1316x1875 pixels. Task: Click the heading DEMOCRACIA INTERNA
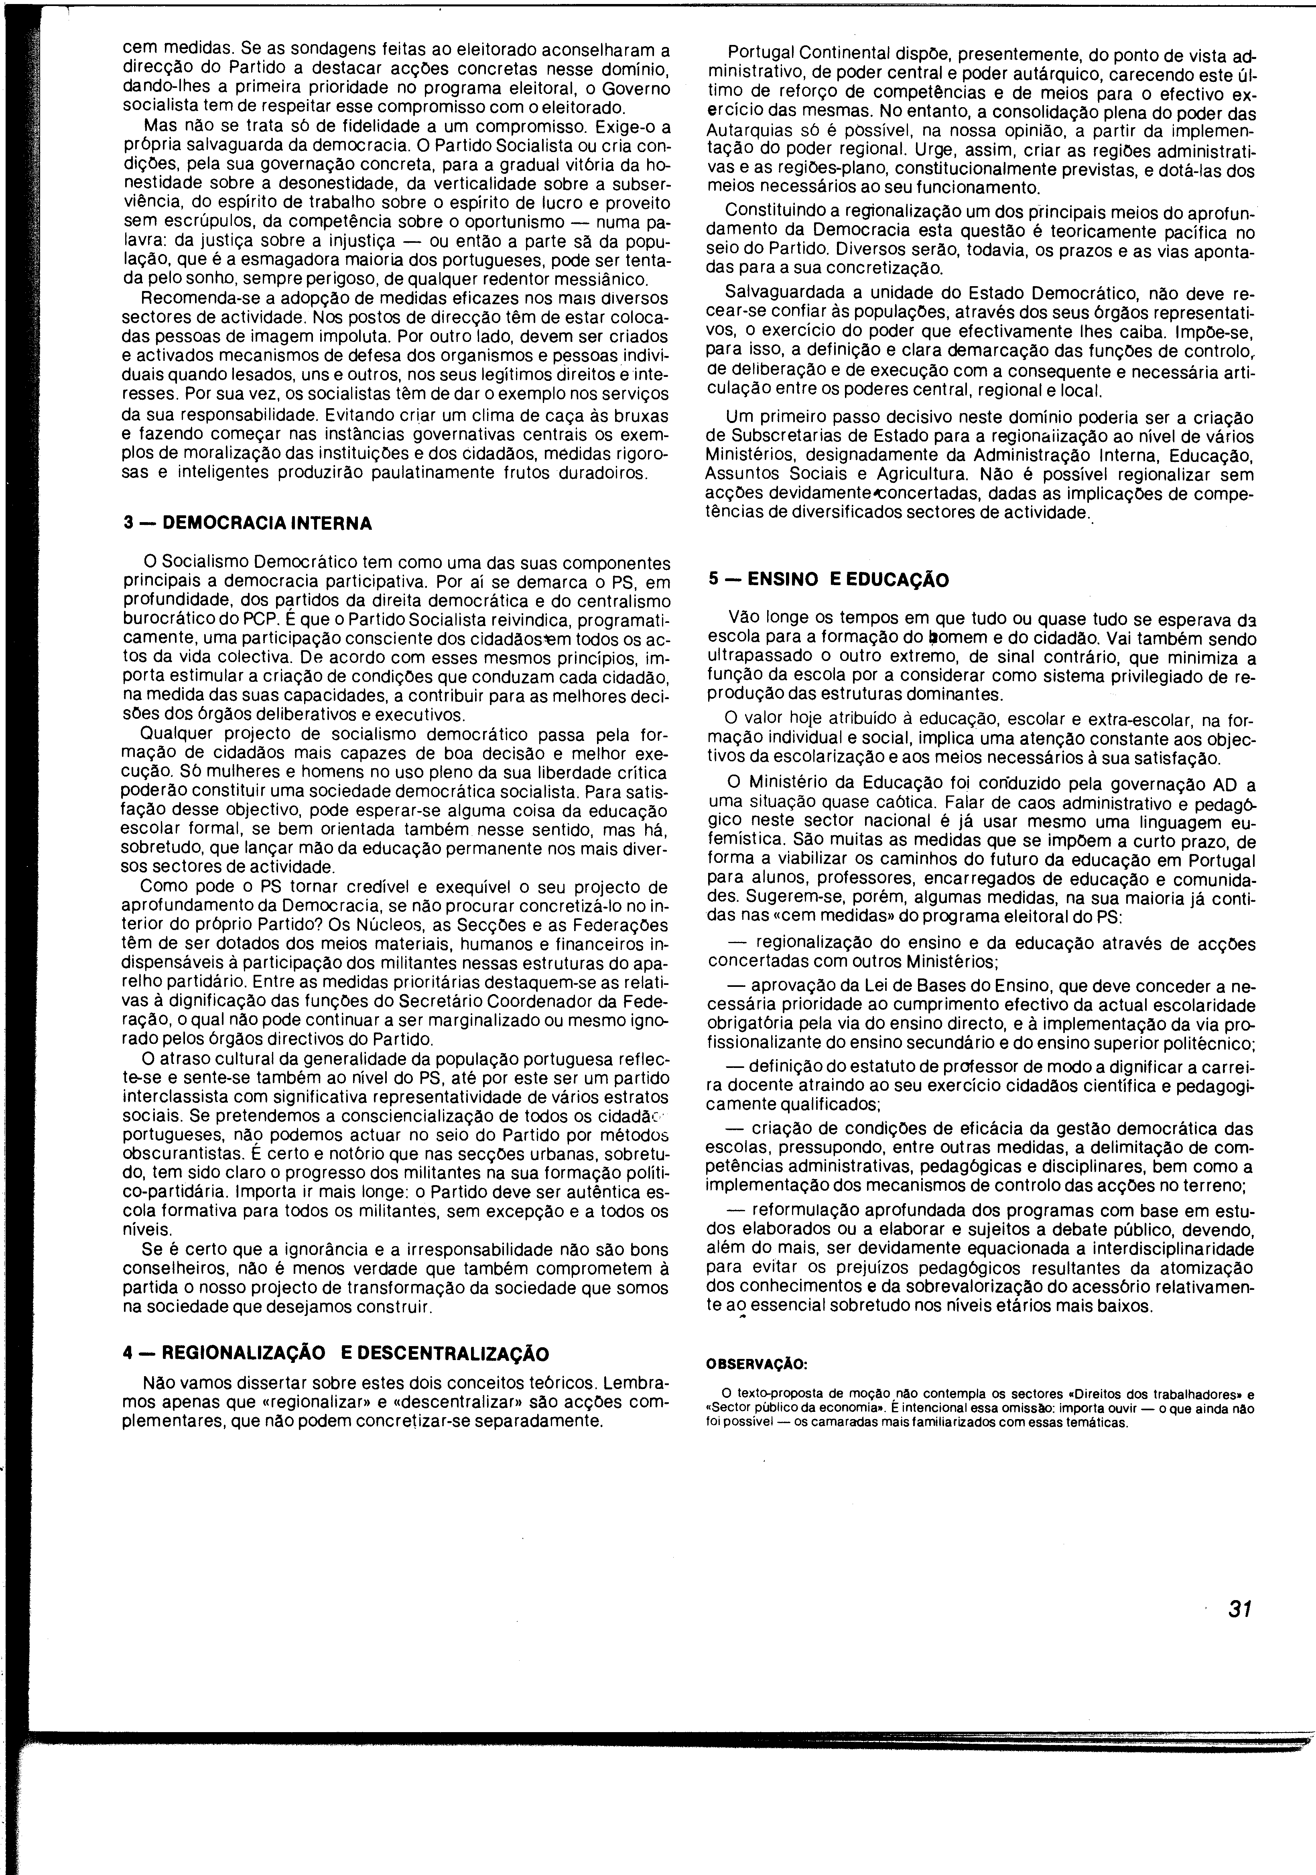point(268,523)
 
